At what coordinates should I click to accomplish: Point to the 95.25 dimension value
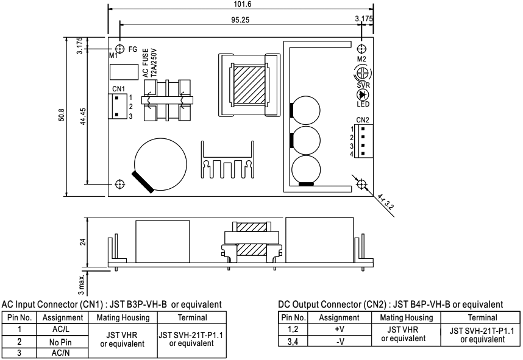[x=240, y=20]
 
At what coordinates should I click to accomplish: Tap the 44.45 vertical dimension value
[x=83, y=116]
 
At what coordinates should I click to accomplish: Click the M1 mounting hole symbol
[x=119, y=49]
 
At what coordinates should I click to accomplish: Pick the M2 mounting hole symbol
[x=361, y=49]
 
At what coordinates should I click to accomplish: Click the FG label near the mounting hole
[x=133, y=49]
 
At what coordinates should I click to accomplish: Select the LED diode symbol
[x=363, y=94]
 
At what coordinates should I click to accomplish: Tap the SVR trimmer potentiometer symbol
[x=363, y=73]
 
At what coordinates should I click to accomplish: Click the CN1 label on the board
[x=118, y=89]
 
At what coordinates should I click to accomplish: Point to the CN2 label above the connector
[x=363, y=120]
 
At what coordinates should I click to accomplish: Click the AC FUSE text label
[x=146, y=63]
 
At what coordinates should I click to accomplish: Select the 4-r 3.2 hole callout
[x=386, y=202]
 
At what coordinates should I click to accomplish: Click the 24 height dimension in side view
[x=83, y=242]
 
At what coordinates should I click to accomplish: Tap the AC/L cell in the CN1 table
[x=61, y=330]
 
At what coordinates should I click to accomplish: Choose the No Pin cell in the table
[x=60, y=342]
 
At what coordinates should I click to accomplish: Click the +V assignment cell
[x=339, y=330]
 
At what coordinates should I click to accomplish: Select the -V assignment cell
[x=340, y=342]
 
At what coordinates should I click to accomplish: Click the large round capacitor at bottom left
[x=160, y=164]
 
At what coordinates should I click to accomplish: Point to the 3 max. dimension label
[x=82, y=284]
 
